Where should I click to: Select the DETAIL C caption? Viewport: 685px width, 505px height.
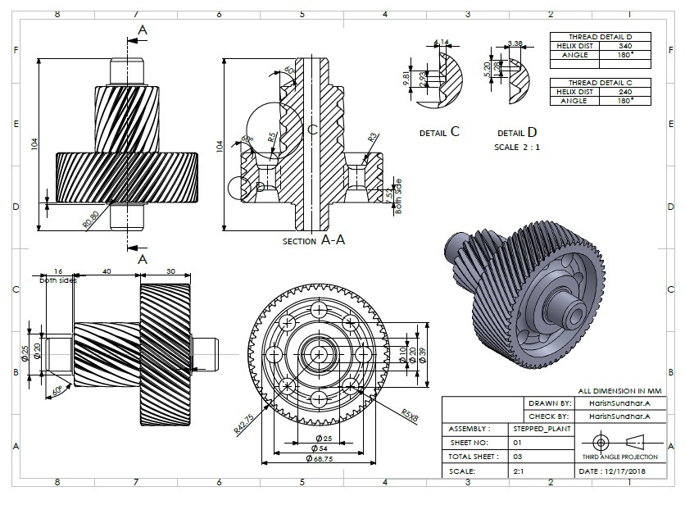tap(439, 132)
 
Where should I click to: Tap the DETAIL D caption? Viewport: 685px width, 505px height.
tap(517, 132)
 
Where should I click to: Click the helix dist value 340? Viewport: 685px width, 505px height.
tap(624, 46)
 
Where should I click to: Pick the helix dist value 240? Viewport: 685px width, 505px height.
tap(624, 91)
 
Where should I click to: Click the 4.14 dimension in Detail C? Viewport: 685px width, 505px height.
tap(442, 43)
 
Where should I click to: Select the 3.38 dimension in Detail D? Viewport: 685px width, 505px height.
tap(515, 43)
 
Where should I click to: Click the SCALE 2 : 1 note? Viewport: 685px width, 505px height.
tap(517, 148)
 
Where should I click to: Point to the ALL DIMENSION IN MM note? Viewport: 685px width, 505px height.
tap(618, 392)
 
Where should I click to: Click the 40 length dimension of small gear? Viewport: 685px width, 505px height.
tap(107, 271)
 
